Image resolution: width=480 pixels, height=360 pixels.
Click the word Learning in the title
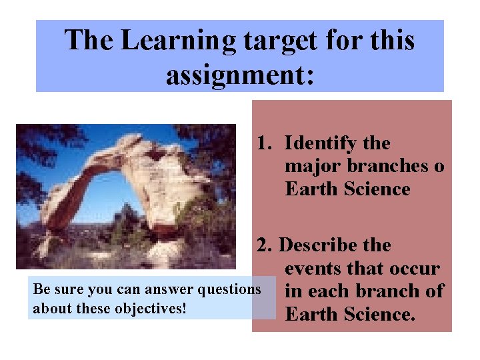click(176, 41)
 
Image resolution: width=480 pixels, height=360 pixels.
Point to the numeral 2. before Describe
click(266, 245)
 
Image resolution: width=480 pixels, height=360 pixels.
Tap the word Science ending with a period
click(379, 313)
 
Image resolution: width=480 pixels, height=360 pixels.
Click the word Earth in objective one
click(311, 189)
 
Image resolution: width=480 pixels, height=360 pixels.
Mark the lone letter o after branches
click(438, 166)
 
